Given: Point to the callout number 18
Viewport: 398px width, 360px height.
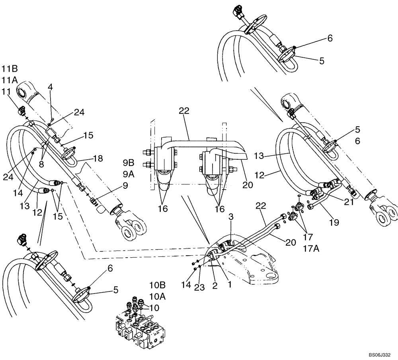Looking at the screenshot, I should [98, 158].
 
